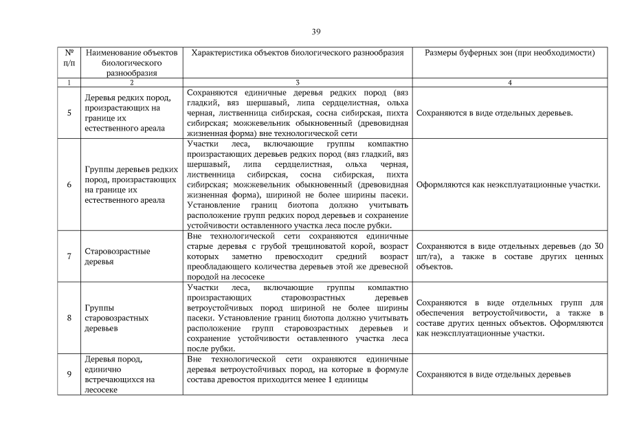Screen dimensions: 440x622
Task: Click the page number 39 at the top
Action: pos(315,32)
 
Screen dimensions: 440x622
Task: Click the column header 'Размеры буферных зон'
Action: pos(509,53)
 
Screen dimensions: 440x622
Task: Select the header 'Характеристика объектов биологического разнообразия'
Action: pos(297,53)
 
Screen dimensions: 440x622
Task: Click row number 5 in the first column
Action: pos(69,113)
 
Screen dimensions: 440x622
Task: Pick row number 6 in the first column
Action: pos(69,185)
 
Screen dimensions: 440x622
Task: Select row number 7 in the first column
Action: pos(69,256)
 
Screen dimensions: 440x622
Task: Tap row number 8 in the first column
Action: pos(69,318)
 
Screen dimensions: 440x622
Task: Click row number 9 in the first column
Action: pos(69,374)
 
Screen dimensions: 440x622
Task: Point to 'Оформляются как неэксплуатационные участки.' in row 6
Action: pos(509,185)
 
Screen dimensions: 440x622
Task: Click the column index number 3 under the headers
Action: pos(297,82)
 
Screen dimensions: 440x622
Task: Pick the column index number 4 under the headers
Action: pos(509,82)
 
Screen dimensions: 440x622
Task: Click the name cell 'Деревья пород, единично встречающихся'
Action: pos(118,374)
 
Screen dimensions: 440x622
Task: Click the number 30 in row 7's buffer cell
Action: pos(598,246)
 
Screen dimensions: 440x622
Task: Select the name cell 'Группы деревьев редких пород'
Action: pos(131,185)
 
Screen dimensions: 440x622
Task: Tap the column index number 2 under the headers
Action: pos(131,82)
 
